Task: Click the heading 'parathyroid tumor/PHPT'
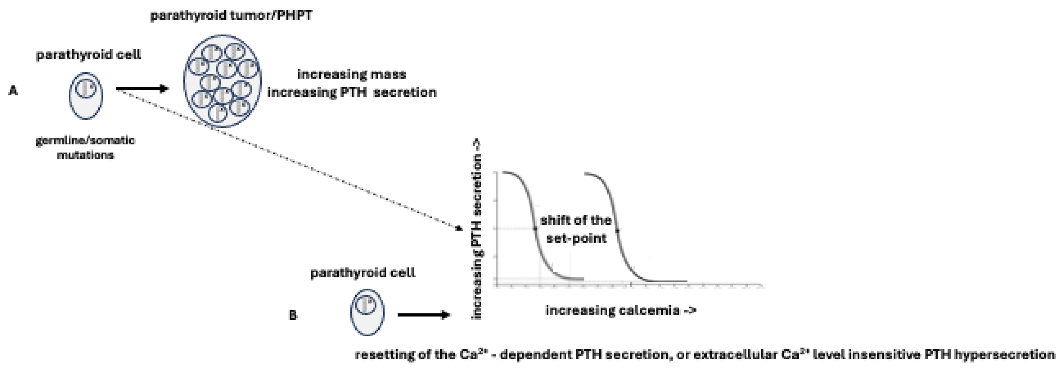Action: pyautogui.click(x=231, y=16)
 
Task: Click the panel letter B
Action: pyautogui.click(x=293, y=315)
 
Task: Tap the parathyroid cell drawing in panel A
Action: pyautogui.click(x=85, y=96)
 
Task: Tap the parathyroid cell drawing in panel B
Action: pyautogui.click(x=367, y=312)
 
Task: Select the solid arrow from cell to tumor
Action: pyautogui.click(x=142, y=88)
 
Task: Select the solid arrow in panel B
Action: pyautogui.click(x=423, y=315)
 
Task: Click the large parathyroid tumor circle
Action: pyautogui.click(x=222, y=81)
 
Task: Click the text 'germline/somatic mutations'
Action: pyautogui.click(x=85, y=147)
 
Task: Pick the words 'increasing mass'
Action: pyautogui.click(x=351, y=74)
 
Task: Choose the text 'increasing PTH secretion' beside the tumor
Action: pyautogui.click(x=351, y=92)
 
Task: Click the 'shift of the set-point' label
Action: pyautogui.click(x=576, y=229)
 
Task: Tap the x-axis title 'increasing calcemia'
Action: pyautogui.click(x=620, y=310)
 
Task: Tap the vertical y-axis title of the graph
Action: pyautogui.click(x=477, y=229)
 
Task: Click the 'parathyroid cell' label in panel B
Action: pyautogui.click(x=363, y=273)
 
